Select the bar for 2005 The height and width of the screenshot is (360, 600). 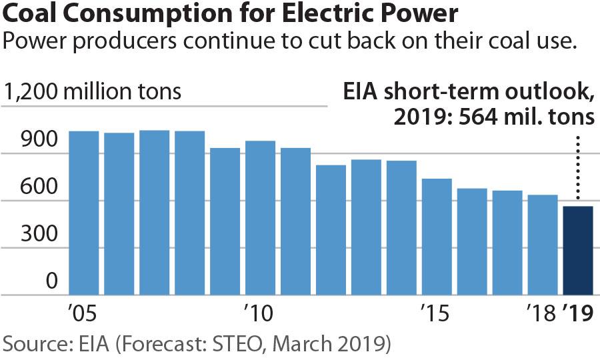coord(84,213)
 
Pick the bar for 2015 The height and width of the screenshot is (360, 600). coord(437,237)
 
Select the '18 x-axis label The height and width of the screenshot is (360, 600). coord(541,313)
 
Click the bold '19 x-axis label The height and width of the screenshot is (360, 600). coord(577,313)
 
